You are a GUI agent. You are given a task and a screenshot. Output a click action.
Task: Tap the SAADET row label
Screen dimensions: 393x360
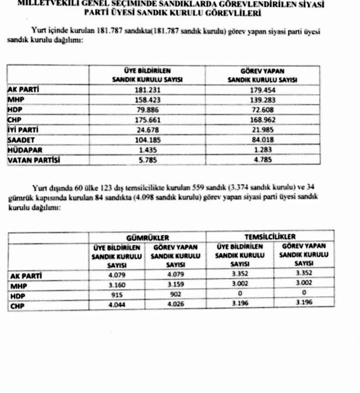[21, 140]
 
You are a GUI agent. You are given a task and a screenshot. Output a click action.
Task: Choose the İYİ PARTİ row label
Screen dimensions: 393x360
[24, 130]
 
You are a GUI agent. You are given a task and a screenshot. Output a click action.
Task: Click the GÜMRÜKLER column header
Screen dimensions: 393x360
[147, 237]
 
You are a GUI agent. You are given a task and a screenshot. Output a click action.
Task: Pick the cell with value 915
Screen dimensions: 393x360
[117, 294]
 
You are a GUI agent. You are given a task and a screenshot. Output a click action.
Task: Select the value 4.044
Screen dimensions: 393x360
[117, 304]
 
